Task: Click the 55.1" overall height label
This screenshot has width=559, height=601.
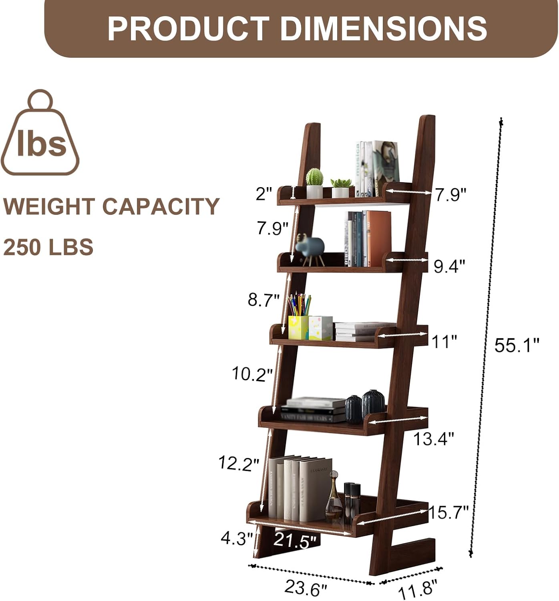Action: (x=516, y=345)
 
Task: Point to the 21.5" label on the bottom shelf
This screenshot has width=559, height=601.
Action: (x=295, y=541)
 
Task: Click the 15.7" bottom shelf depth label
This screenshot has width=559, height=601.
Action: (x=448, y=512)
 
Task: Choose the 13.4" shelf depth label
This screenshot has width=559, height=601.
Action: (x=433, y=439)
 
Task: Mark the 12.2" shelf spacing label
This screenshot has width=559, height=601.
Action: (x=239, y=464)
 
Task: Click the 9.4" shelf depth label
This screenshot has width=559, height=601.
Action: (x=449, y=266)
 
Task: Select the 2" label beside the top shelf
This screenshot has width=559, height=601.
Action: (x=264, y=194)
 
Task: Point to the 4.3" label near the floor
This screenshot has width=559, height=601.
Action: (x=237, y=539)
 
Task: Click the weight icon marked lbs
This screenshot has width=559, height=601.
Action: (x=40, y=134)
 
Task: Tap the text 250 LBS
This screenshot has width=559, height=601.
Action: (x=48, y=246)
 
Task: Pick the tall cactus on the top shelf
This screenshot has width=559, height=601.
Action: (x=314, y=183)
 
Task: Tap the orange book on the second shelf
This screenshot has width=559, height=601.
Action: (x=378, y=238)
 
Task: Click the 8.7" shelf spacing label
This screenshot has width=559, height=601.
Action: (x=263, y=300)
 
